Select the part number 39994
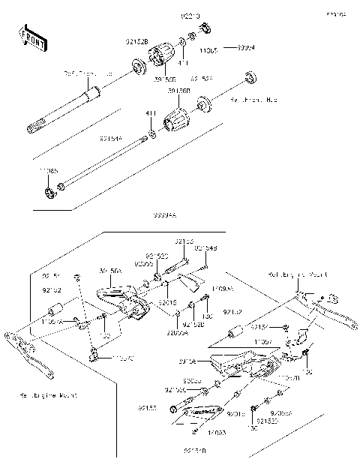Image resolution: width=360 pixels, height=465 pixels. click(245, 47)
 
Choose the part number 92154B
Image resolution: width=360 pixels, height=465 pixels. click(205, 248)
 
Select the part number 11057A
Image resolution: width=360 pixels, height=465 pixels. click(52, 321)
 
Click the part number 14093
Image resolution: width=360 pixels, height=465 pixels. click(217, 433)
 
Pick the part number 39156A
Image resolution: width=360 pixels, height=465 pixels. click(110, 270)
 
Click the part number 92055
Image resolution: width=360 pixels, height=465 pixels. click(144, 264)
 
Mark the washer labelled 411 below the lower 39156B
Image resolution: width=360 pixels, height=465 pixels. click(151, 133)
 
